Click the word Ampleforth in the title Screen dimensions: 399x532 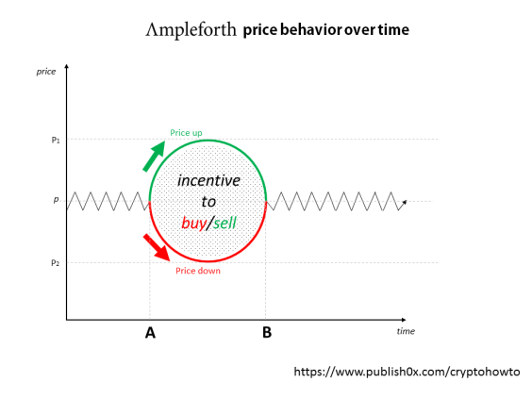click(191, 30)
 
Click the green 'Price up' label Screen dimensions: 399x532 click(185, 132)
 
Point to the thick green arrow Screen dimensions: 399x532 click(153, 157)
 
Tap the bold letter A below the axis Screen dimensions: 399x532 click(150, 332)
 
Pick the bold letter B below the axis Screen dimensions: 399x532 click(267, 332)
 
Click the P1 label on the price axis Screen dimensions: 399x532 click(56, 140)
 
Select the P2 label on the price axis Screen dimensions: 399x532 click(56, 262)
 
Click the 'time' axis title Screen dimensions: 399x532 click(405, 331)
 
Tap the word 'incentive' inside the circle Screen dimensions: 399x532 click(208, 180)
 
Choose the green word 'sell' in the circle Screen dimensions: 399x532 click(224, 223)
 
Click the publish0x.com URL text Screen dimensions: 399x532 click(407, 373)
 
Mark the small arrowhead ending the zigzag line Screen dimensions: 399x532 click(405, 202)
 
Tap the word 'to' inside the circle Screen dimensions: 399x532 click(208, 201)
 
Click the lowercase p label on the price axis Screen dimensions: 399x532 click(56, 200)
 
